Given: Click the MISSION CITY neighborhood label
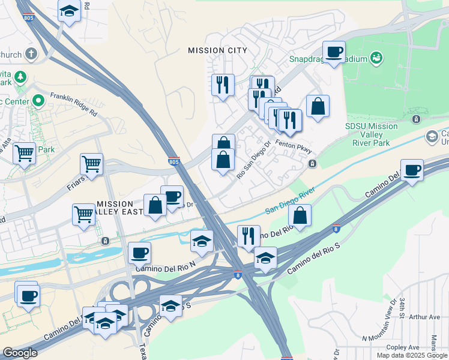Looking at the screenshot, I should pos(217,50).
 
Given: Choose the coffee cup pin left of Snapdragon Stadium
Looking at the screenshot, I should pos(334,52).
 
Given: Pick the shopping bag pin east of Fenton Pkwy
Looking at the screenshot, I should pos(318,107).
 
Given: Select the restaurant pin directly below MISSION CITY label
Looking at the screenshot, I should pos(223,84).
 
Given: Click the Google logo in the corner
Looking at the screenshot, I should pos(20,353).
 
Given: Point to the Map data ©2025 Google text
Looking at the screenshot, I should pos(412,355).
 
